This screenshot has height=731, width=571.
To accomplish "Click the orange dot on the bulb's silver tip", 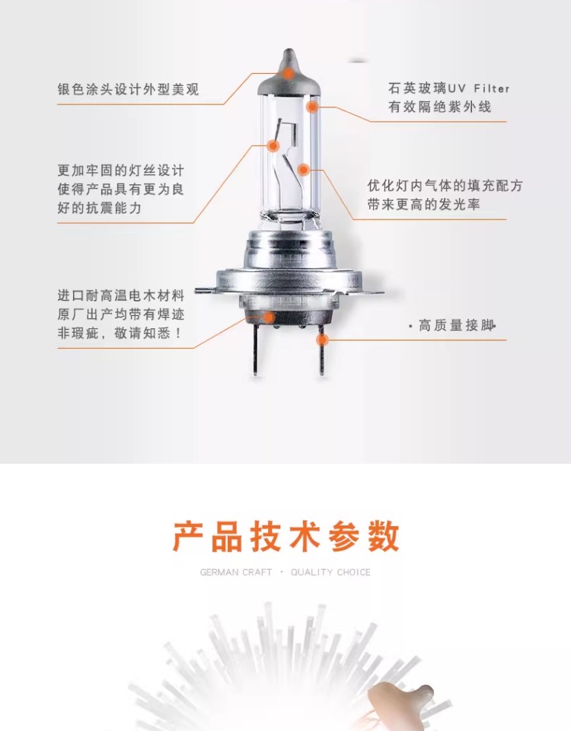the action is tap(289, 73).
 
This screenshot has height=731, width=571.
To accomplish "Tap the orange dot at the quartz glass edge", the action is tap(312, 107).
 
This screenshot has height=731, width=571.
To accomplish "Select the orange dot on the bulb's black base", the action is tap(269, 318).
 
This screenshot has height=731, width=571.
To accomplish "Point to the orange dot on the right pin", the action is tap(322, 339).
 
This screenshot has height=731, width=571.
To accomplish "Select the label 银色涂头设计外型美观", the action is tap(128, 89).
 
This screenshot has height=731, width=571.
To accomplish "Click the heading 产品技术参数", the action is tap(286, 537).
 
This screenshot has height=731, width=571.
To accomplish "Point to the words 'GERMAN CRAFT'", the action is tap(236, 572).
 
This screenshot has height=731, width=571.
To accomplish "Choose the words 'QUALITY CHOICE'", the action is tap(330, 572).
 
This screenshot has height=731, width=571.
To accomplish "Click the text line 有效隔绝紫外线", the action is tap(439, 107).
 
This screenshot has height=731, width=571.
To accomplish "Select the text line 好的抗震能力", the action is tap(99, 208).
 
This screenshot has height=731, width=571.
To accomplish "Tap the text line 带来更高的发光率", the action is tap(424, 204).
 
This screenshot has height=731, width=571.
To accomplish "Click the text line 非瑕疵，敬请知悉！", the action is tap(120, 333).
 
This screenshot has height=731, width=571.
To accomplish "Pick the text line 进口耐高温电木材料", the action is tap(121, 295).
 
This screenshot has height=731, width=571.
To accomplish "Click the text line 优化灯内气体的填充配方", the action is tap(445, 186).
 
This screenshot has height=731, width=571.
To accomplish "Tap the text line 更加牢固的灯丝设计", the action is tap(121, 170).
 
